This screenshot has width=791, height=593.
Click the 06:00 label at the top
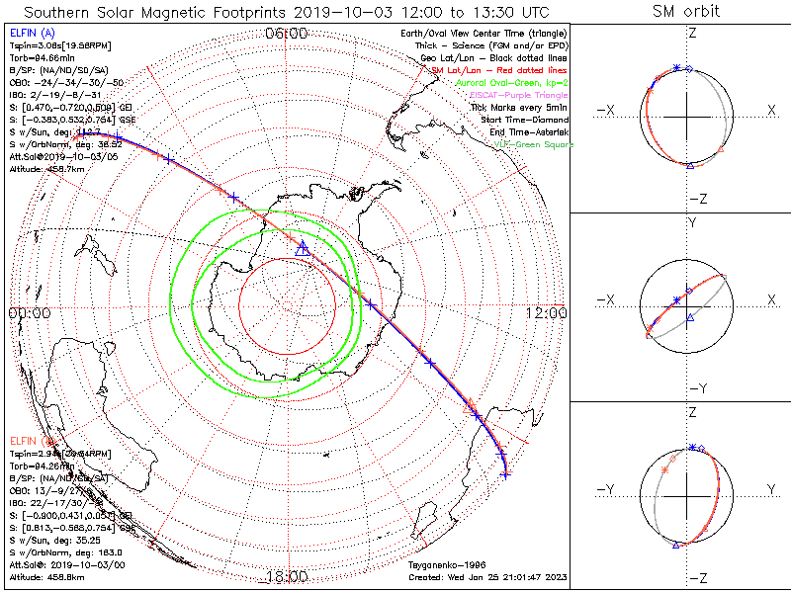(x=288, y=34)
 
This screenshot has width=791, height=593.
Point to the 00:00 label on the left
(x=29, y=312)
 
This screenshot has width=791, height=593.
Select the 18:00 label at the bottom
(x=288, y=576)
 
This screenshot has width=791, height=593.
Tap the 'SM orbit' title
(x=686, y=11)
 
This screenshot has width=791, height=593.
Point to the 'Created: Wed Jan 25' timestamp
(x=487, y=576)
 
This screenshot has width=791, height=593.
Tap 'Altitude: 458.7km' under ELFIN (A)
(x=47, y=169)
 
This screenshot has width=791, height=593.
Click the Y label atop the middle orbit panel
(x=692, y=223)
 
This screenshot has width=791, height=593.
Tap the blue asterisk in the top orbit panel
(x=676, y=67)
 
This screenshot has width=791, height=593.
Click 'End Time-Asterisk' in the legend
(x=523, y=131)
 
